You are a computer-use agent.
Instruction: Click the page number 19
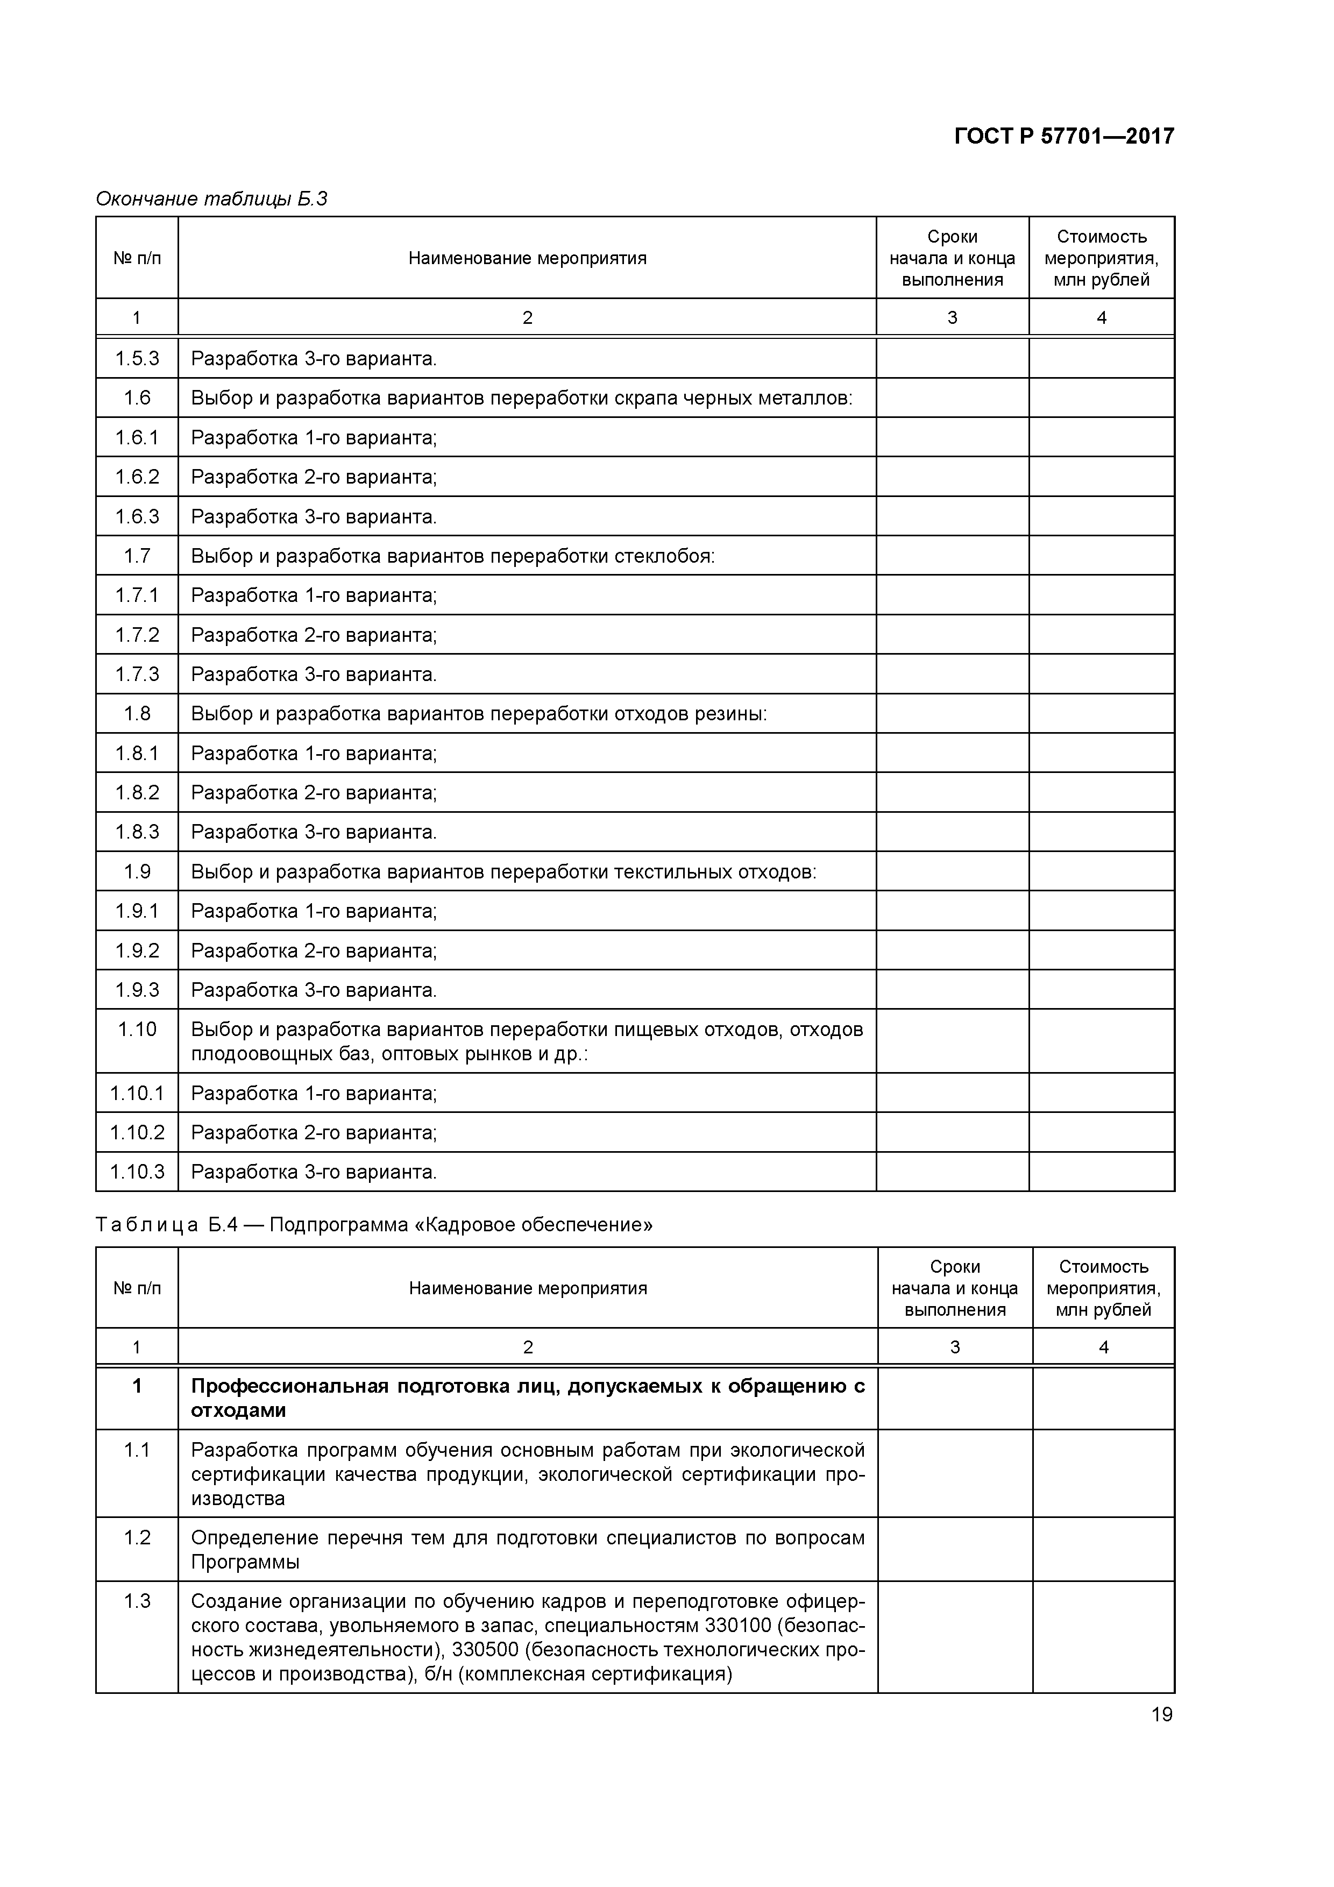[1161, 1714]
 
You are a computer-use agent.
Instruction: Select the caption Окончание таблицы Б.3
[211, 199]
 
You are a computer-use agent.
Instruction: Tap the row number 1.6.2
[137, 477]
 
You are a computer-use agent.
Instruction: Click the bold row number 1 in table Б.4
[137, 1387]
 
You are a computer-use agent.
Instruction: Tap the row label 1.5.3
[137, 358]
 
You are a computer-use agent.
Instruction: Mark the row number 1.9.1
[137, 911]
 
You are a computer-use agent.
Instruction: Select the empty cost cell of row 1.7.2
[1102, 635]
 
